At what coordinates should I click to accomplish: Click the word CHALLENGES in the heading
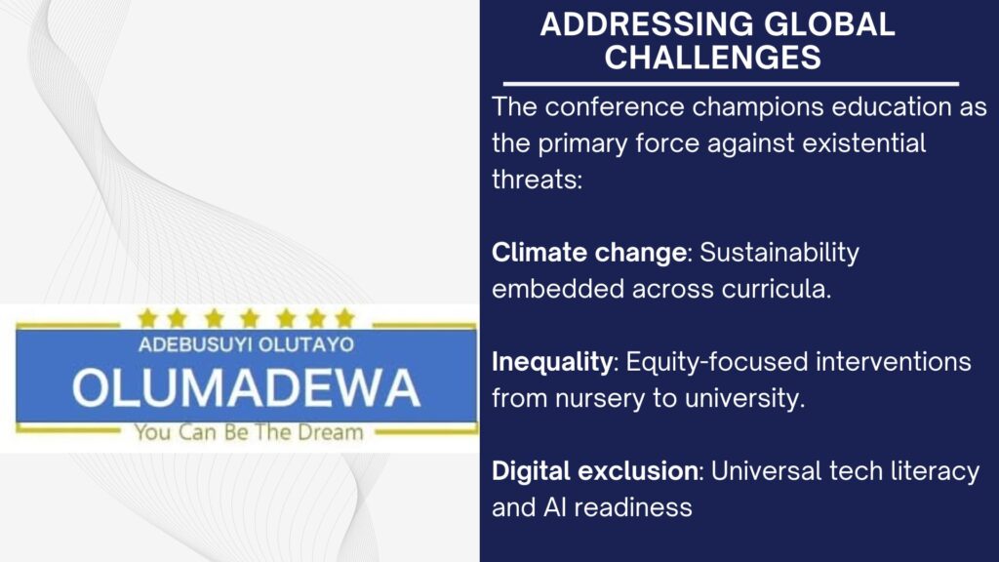pos(713,58)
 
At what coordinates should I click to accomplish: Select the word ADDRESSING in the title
pos(647,24)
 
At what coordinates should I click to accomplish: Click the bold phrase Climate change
pos(588,253)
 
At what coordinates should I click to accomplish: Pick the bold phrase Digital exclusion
pos(595,471)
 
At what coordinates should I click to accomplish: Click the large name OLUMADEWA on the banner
pos(246,387)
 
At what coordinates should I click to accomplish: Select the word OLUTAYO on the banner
pos(306,344)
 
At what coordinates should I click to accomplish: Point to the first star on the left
pos(147,317)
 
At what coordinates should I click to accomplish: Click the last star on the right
pos(344,317)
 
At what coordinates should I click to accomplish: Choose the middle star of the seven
pos(250,317)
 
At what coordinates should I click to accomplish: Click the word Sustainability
pos(779,253)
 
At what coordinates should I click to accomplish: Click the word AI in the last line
pos(554,507)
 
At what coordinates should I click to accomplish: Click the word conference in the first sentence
pos(615,107)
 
